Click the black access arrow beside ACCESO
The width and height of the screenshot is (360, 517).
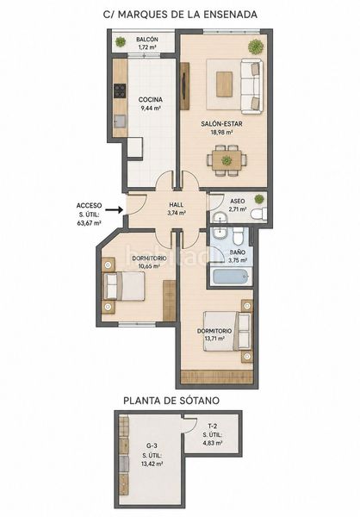[x=116, y=209]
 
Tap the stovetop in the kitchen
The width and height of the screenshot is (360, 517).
[x=120, y=90]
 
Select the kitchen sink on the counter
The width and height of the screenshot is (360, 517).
[x=120, y=121]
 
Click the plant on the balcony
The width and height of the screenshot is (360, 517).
[x=121, y=42]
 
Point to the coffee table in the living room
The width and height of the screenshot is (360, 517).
[x=225, y=84]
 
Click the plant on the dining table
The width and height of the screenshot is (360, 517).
[x=227, y=160]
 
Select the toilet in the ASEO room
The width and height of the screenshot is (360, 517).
[x=258, y=214]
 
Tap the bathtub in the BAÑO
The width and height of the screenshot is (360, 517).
[x=231, y=277]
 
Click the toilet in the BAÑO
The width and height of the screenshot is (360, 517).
[x=238, y=236]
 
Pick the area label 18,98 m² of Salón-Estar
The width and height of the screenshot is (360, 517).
[x=221, y=132]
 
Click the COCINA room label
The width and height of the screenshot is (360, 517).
[x=151, y=100]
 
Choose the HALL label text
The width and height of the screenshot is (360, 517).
[x=177, y=205]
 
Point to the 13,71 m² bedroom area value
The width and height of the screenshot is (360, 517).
[x=214, y=339]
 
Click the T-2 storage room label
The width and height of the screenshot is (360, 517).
[x=213, y=426]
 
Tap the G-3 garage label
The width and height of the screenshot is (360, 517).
[x=152, y=445]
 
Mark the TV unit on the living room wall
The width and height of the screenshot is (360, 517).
[x=184, y=85]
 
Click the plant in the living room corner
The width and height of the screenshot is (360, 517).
[x=256, y=47]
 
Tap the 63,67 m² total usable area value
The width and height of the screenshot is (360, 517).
[x=89, y=223]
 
